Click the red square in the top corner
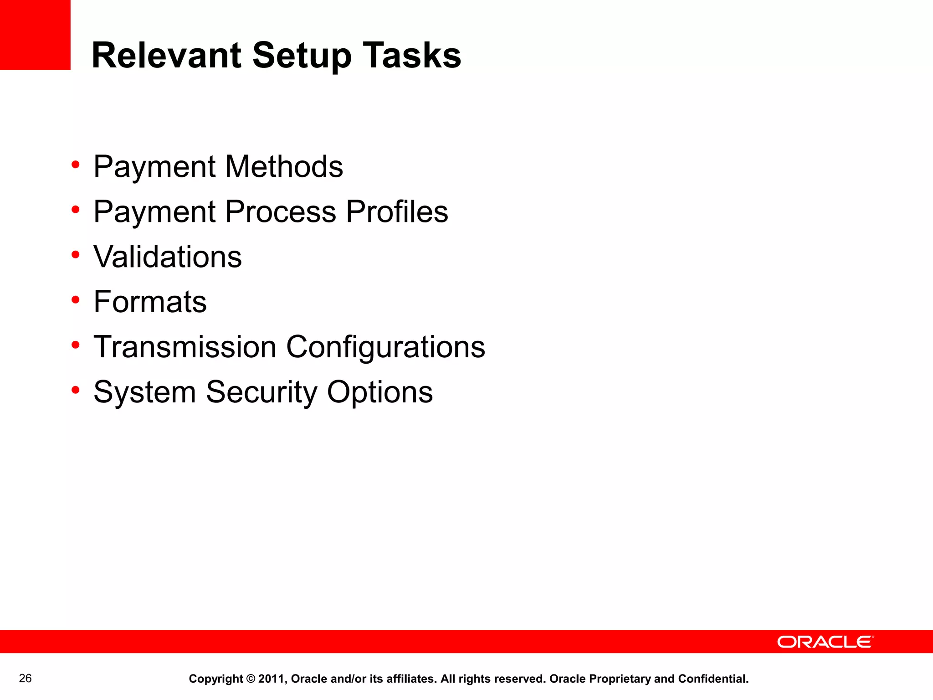[35, 35]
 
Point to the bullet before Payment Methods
[76, 164]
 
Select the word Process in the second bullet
[281, 211]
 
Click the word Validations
[168, 257]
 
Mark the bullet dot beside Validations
[76, 255]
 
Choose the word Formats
[150, 302]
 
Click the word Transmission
[185, 347]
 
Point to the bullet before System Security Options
[76, 390]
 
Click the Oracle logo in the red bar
[825, 642]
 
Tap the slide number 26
[26, 679]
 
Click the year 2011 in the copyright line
[272, 679]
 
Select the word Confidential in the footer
[713, 679]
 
